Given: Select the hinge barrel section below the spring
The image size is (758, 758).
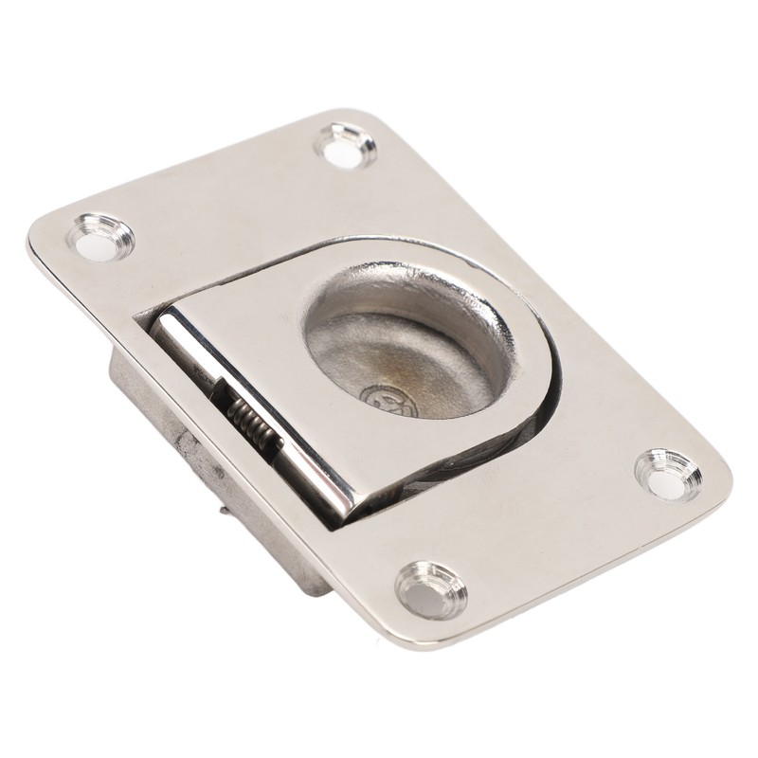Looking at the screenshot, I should [x=303, y=474].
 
